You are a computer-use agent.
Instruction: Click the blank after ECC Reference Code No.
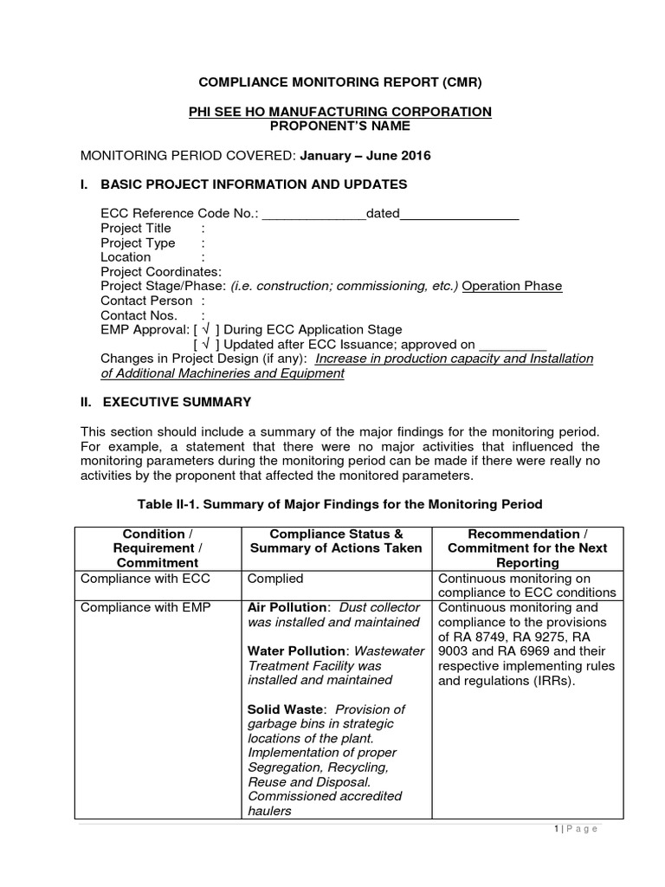(x=313, y=214)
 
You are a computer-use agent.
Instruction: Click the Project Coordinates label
(x=161, y=272)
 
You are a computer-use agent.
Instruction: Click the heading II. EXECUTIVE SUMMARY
(x=165, y=402)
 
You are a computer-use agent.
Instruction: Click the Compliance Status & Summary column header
(x=336, y=541)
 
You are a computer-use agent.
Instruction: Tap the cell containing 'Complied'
(x=275, y=579)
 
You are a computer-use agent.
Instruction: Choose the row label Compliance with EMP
(x=145, y=607)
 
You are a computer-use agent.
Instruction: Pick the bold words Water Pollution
(x=296, y=651)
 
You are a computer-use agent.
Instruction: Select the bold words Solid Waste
(x=282, y=709)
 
